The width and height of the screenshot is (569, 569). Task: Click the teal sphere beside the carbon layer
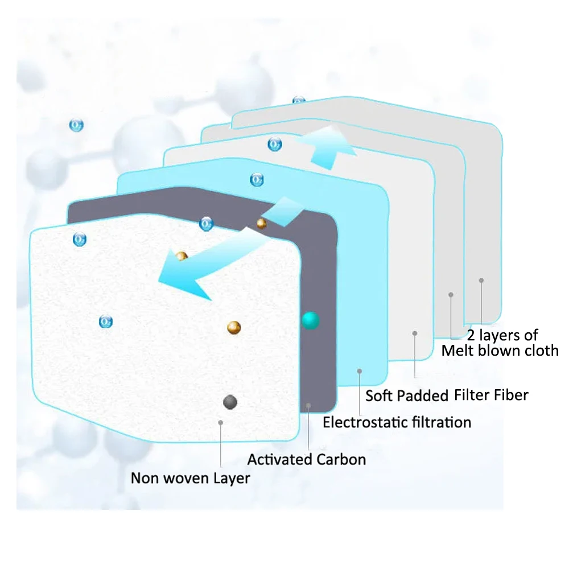pos(310,320)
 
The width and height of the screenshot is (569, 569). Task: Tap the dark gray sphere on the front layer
pos(230,402)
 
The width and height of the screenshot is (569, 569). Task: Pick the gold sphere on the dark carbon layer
pos(261,223)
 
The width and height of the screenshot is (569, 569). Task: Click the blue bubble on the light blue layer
pos(257,180)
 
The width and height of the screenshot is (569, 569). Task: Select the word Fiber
pos(508,394)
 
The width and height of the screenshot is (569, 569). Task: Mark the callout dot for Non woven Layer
pos(221,423)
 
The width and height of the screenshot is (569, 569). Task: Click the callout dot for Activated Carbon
pos(308,405)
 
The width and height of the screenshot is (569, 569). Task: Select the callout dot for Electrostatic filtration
pos(360,371)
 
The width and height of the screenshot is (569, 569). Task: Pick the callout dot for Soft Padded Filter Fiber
pos(415,333)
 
